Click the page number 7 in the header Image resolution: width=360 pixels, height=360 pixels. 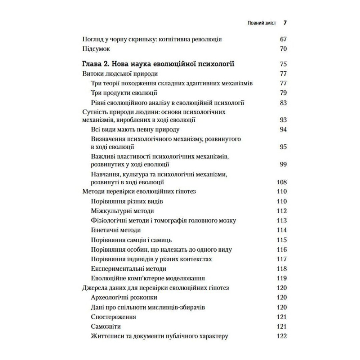(x=285, y=23)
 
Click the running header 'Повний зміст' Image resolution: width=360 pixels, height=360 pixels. (x=262, y=23)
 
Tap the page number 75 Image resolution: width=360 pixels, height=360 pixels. (x=283, y=65)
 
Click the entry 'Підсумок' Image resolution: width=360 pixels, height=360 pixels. (x=95, y=49)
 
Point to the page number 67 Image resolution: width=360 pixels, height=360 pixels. (x=283, y=39)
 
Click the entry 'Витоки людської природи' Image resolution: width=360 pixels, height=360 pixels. (x=120, y=74)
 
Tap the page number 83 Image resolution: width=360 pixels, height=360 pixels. (x=283, y=103)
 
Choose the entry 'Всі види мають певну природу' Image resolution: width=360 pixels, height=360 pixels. (x=135, y=130)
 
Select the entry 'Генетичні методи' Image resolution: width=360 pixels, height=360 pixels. (x=116, y=230)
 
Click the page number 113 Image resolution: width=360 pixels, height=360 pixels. (x=281, y=221)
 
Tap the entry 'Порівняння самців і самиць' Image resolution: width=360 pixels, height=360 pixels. (x=131, y=240)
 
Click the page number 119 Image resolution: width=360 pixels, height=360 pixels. (x=281, y=278)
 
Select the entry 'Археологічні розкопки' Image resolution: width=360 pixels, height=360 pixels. (x=125, y=297)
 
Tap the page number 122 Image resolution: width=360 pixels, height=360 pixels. (x=281, y=336)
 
